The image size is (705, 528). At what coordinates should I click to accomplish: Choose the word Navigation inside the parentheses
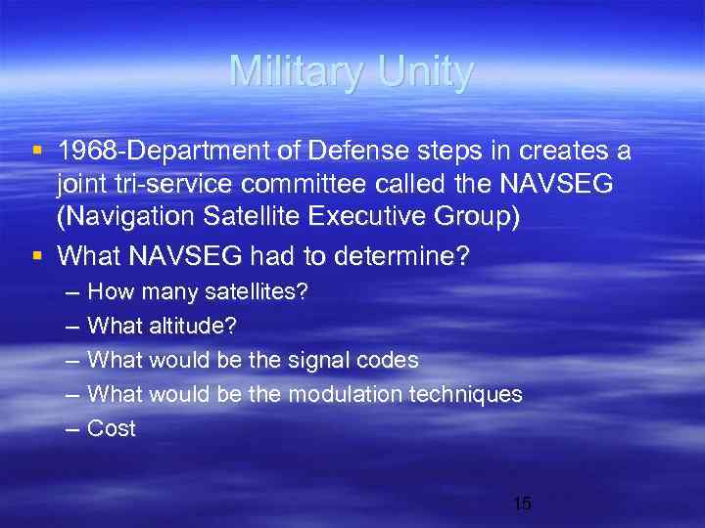tap(119, 217)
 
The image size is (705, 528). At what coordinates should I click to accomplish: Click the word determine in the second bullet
tap(400, 257)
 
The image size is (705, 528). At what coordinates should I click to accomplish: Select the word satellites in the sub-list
tap(251, 293)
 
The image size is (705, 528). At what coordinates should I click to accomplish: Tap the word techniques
tap(471, 395)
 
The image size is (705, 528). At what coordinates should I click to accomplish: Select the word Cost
tap(112, 428)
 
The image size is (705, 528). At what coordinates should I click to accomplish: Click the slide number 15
tap(522, 504)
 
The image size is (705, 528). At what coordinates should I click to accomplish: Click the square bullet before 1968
tap(36, 153)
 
